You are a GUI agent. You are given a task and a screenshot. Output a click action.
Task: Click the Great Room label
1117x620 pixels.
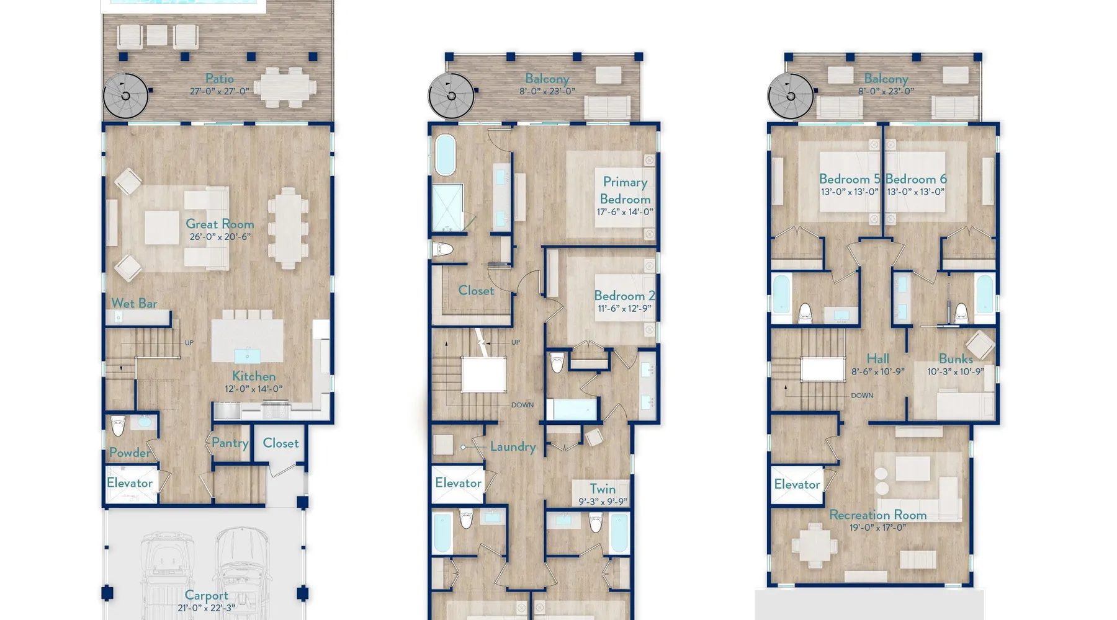click(220, 224)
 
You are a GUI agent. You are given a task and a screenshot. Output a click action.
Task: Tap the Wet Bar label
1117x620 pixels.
click(134, 303)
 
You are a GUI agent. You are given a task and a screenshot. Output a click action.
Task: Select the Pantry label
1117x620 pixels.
click(230, 443)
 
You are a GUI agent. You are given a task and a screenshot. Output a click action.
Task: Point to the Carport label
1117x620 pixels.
click(207, 596)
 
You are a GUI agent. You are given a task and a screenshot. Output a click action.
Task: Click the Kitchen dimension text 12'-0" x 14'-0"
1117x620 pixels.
click(253, 389)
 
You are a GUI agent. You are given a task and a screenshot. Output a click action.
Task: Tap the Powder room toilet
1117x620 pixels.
click(118, 426)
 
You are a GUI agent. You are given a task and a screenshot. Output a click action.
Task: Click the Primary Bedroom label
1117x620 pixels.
click(625, 190)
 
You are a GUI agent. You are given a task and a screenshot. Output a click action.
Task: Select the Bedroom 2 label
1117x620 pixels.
click(624, 296)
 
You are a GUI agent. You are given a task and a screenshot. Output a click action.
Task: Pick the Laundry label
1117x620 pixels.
click(513, 447)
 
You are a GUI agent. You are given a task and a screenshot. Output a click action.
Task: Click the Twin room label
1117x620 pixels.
click(603, 489)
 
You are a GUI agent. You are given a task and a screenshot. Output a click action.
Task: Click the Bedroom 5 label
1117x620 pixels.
click(850, 179)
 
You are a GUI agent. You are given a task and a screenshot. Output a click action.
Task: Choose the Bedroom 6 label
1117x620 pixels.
click(916, 179)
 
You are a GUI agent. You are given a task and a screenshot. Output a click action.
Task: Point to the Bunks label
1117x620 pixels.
click(956, 359)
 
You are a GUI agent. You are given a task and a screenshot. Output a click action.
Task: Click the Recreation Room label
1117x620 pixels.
click(878, 515)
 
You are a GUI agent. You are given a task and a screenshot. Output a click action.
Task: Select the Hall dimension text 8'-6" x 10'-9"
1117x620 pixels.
click(877, 372)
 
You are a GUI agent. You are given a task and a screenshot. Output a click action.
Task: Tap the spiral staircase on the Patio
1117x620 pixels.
click(126, 96)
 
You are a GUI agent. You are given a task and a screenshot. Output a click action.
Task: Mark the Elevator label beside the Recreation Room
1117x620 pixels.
click(797, 484)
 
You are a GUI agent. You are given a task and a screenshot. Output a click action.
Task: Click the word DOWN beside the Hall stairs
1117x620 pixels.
click(862, 395)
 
